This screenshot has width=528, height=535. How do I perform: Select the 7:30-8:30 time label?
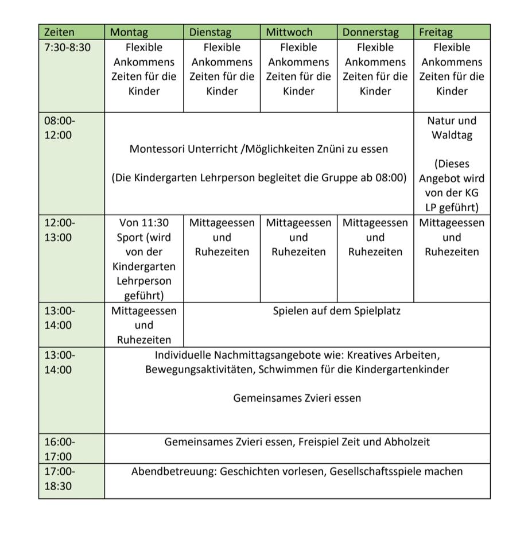coord(67,48)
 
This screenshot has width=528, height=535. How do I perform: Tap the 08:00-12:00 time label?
coord(60,127)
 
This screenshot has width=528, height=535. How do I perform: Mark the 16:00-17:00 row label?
coord(60,449)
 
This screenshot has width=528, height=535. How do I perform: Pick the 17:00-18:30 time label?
coord(60,479)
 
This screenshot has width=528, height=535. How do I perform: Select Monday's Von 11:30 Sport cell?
coord(144,259)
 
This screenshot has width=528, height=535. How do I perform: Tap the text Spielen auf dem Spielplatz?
coord(336,311)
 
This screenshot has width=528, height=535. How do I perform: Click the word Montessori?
coord(157,149)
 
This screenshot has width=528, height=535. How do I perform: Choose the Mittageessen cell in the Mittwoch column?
coord(298,237)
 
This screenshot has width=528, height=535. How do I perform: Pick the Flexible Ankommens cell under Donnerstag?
coord(375,69)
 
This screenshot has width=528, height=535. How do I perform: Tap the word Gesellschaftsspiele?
coord(375,472)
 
